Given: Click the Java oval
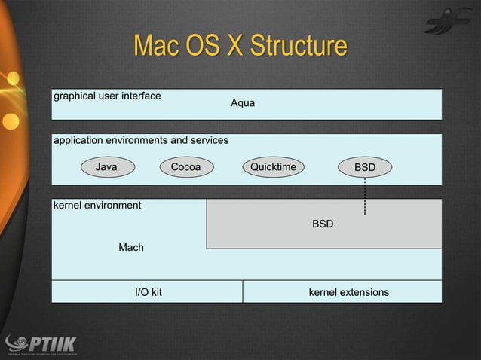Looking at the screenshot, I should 106,167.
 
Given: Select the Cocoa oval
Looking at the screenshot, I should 185,167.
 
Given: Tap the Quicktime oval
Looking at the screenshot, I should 273,167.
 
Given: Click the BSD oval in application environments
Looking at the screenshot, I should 365,167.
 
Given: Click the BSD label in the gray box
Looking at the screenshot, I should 323,224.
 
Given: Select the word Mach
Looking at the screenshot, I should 130,247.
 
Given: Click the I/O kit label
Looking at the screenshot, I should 148,291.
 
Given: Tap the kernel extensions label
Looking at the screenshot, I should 348,291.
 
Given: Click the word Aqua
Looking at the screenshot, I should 242,103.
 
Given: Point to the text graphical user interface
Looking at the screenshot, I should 106,96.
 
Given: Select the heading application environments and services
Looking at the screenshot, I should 140,140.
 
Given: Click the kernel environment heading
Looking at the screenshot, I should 97,205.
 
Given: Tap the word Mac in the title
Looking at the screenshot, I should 155,46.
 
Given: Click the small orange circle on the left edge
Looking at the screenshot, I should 11,120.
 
